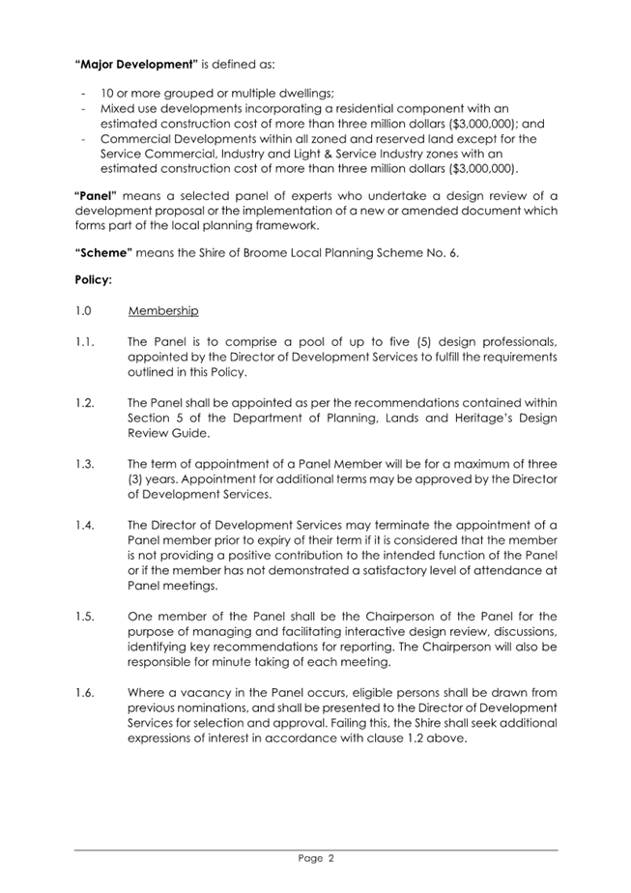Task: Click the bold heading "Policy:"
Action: [x=94, y=282]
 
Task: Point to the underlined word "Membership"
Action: [x=163, y=311]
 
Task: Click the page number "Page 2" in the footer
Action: [x=316, y=857]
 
